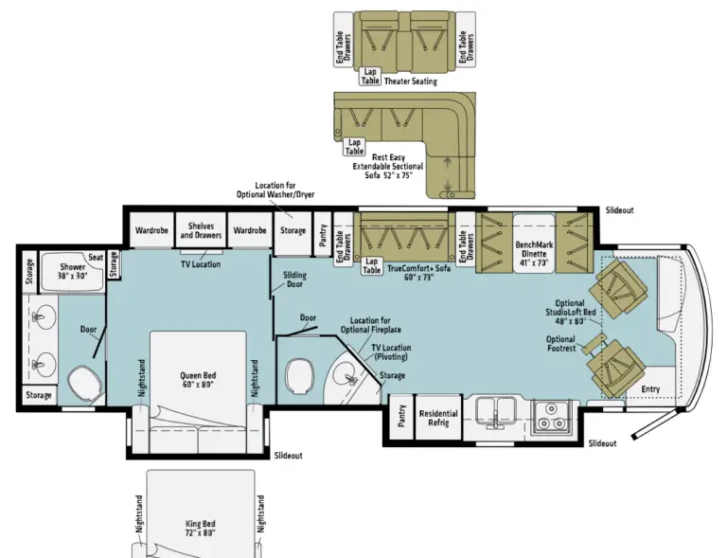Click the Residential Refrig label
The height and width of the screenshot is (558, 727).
tap(438, 419)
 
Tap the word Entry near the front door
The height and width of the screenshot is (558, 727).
tap(650, 388)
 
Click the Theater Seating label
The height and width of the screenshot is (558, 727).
tap(411, 81)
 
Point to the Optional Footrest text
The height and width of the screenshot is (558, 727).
tap(560, 344)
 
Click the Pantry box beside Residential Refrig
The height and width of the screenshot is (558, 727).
tap(401, 419)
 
